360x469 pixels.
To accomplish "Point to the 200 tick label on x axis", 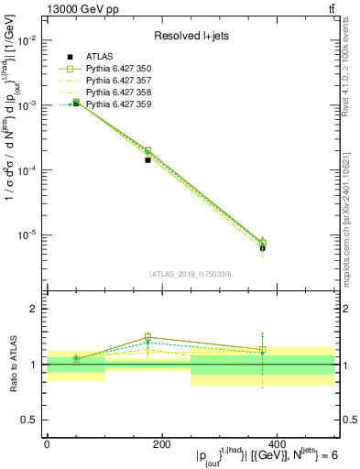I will (x=161, y=444).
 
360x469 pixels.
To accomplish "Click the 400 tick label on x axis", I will (x=276, y=444).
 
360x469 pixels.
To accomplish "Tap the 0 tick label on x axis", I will (x=47, y=444).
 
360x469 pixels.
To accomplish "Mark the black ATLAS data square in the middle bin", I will (x=147, y=159).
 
